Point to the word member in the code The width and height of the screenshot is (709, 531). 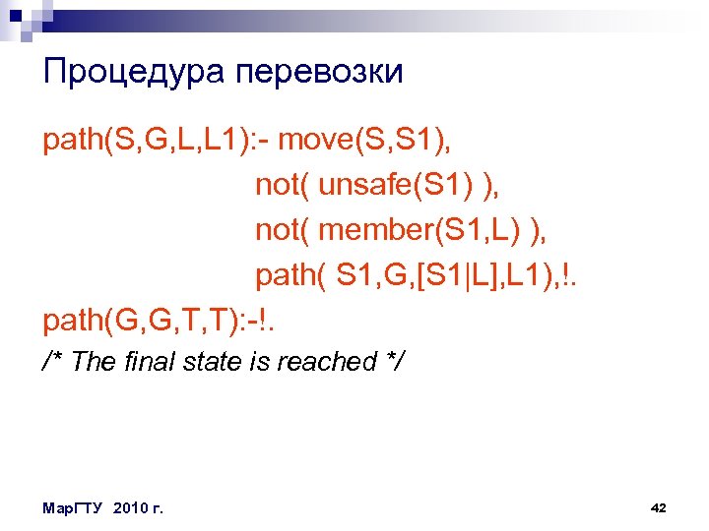coord(380,229)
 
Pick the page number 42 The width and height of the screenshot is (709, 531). coord(659,507)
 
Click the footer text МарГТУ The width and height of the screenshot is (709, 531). coord(75,507)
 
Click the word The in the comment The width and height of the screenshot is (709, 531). coord(94,362)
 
